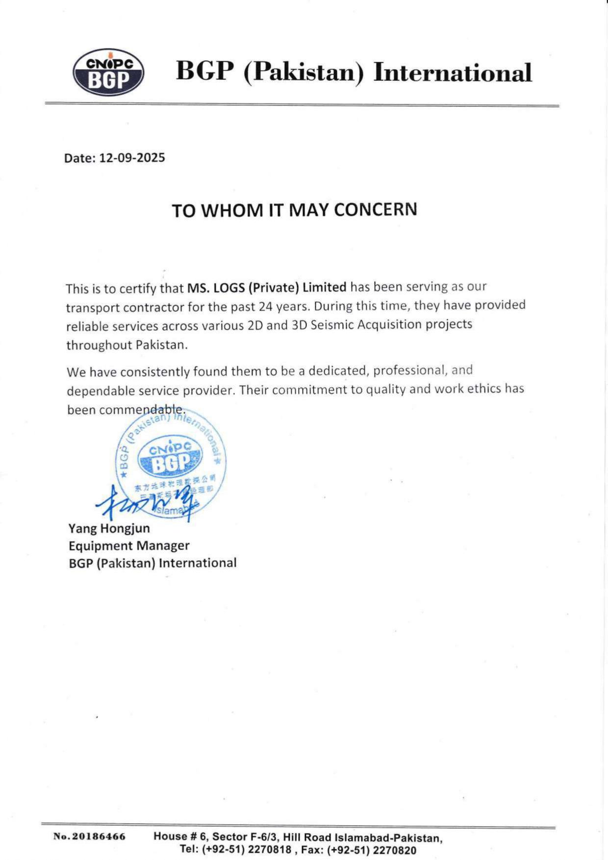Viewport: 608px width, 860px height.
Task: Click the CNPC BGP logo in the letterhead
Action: click(x=108, y=73)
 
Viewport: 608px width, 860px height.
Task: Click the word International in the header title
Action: click(x=452, y=73)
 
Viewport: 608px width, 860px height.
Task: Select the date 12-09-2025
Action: click(x=132, y=158)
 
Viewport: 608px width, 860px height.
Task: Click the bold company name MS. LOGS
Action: click(x=216, y=287)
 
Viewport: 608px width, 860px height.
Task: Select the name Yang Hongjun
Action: click(x=109, y=528)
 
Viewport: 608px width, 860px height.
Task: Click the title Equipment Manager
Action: click(x=129, y=545)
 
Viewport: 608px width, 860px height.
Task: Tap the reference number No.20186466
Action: click(x=89, y=836)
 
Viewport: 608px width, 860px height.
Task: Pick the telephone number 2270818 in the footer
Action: click(x=270, y=850)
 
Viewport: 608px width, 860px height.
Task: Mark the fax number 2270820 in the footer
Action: click(x=394, y=850)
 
